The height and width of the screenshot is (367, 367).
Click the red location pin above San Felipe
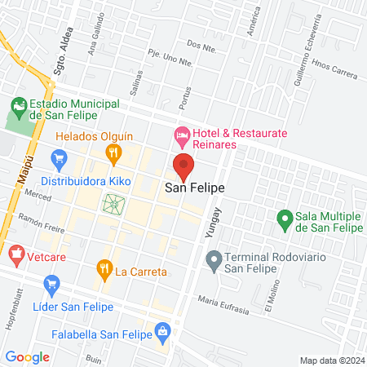point(184,166)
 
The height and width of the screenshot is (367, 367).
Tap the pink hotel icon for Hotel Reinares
point(182,134)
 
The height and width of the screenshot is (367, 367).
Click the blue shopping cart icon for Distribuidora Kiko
point(59,157)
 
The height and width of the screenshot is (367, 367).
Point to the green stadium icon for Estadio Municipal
point(18,105)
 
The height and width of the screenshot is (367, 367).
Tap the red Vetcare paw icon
point(15,255)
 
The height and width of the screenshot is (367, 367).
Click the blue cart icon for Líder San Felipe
point(52,285)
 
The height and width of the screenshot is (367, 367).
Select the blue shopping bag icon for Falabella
point(164,330)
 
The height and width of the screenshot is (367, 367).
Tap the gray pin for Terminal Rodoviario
point(214,261)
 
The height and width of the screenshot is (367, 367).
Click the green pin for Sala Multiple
point(284,218)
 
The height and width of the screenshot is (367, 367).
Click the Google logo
point(27,356)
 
